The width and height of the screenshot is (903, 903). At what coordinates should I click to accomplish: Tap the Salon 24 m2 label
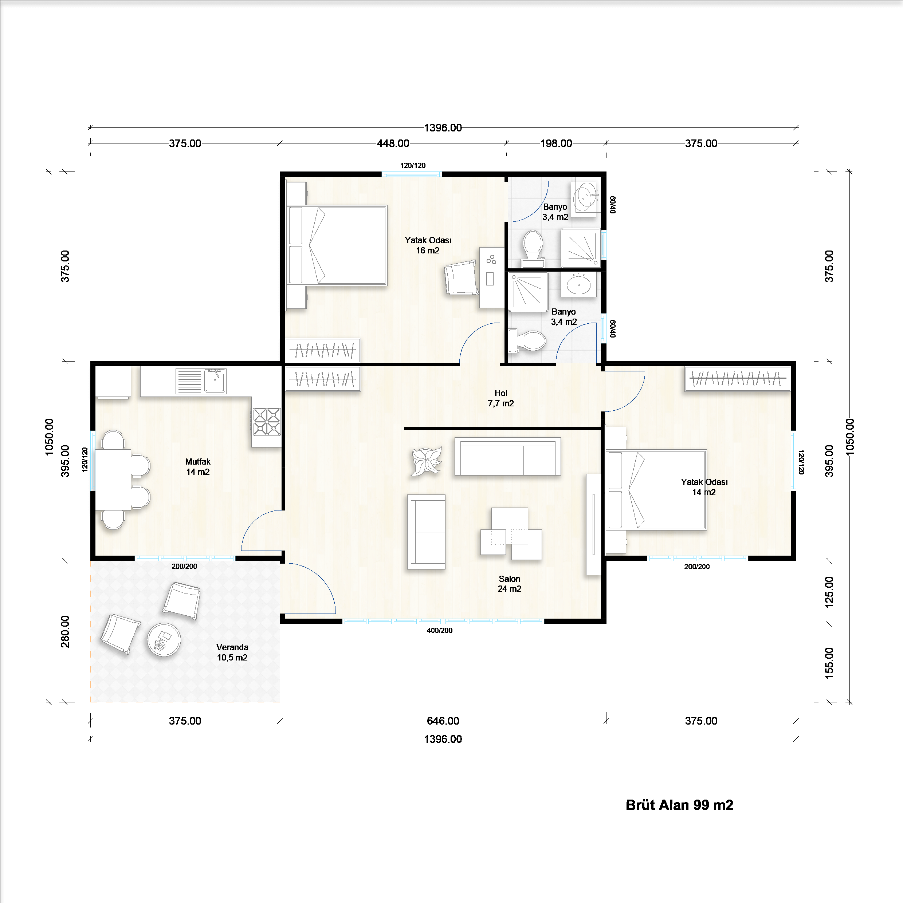click(509, 584)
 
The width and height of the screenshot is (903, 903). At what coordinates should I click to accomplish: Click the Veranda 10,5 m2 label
click(232, 652)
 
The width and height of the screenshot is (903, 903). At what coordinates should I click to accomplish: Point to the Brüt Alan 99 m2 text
click(679, 805)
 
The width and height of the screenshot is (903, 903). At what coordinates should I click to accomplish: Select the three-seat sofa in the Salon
click(507, 457)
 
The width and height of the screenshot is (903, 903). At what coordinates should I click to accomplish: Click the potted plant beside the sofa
click(426, 461)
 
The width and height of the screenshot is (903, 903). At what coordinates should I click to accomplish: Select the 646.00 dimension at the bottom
click(443, 721)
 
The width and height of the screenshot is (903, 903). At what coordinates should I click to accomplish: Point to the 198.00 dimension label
click(556, 143)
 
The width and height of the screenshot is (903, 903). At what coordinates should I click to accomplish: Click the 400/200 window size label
click(440, 630)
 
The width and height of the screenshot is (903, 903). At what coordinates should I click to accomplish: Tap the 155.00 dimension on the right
click(829, 663)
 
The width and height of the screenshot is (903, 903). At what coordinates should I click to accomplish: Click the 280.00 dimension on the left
click(66, 631)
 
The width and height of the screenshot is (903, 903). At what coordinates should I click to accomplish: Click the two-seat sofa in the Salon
click(426, 532)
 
